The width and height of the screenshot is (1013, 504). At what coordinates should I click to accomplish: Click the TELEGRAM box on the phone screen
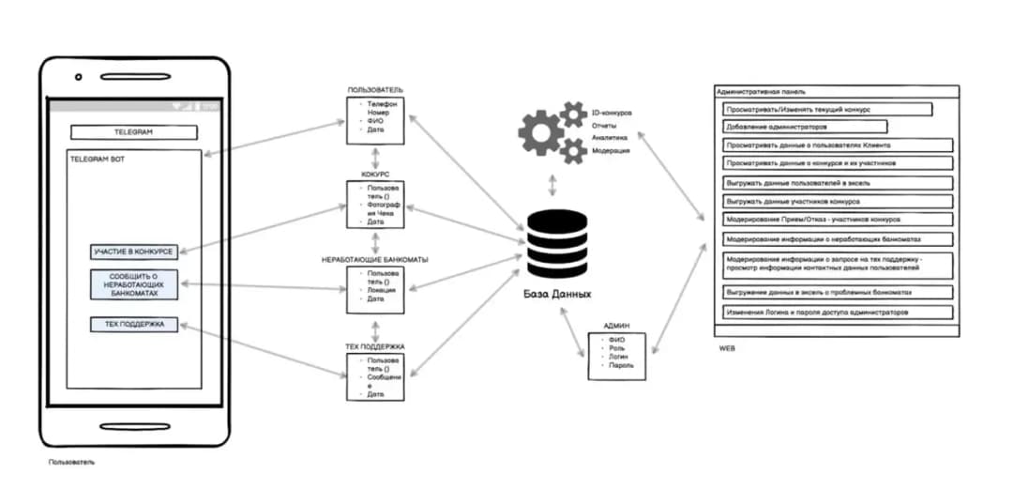click(133, 132)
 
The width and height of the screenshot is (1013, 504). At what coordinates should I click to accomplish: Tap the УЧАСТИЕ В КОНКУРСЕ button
click(133, 252)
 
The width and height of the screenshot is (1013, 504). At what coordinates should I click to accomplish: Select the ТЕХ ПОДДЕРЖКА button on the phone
click(133, 324)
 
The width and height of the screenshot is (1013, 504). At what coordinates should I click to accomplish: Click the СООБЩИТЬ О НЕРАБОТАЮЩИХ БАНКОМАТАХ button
click(133, 284)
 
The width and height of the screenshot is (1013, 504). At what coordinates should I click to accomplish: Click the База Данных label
click(558, 294)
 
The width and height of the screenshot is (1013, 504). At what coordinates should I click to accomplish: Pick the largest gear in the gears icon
click(541, 132)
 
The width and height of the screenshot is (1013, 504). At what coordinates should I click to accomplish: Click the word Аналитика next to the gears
click(608, 137)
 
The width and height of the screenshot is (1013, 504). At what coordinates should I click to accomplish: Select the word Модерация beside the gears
click(611, 150)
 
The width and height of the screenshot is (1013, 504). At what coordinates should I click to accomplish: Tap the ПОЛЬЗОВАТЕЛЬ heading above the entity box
click(375, 89)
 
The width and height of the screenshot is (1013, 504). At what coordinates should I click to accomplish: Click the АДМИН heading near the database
click(616, 325)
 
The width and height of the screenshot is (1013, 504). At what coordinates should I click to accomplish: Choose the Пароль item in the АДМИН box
click(620, 365)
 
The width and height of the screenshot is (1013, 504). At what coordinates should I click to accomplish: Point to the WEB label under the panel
click(727, 348)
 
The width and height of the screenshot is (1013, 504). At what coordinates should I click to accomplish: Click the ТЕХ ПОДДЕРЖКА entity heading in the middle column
click(375, 346)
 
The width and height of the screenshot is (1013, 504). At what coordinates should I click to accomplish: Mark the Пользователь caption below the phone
click(71, 462)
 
